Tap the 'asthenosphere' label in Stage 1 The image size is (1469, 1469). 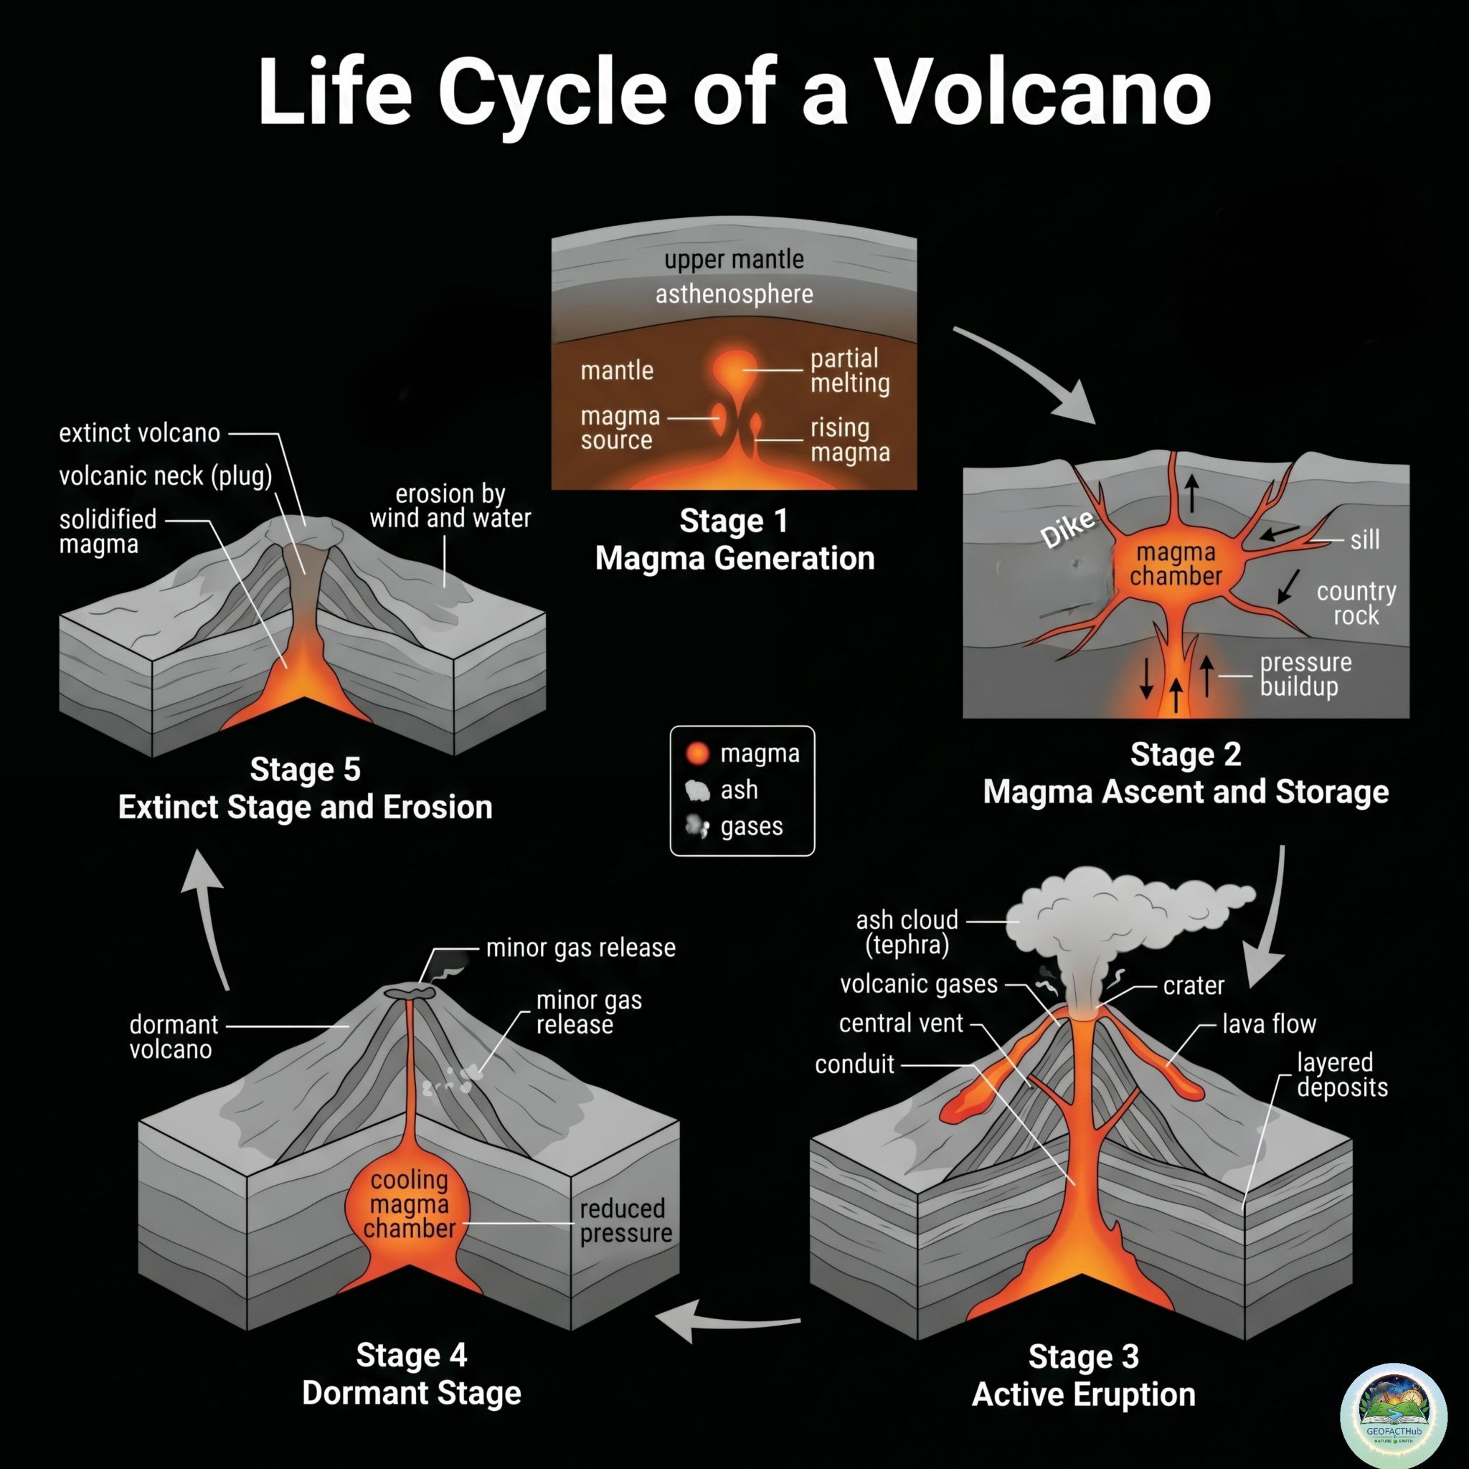(734, 294)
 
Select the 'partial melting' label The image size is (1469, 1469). (850, 370)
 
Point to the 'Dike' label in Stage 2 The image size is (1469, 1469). (1068, 528)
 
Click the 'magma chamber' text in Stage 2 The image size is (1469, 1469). (1176, 565)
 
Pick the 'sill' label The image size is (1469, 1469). (1365, 540)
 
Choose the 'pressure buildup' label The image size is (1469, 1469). (1305, 674)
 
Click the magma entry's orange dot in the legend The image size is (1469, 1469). (697, 754)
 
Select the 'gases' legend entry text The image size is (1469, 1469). (751, 826)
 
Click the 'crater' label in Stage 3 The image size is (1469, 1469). (1194, 986)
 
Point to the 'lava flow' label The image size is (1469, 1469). (1269, 1024)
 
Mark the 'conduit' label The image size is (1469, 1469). (854, 1064)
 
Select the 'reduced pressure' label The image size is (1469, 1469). (625, 1220)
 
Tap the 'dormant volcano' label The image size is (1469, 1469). (174, 1037)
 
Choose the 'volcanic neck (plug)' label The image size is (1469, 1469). (166, 476)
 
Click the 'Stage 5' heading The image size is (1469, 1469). (306, 769)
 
